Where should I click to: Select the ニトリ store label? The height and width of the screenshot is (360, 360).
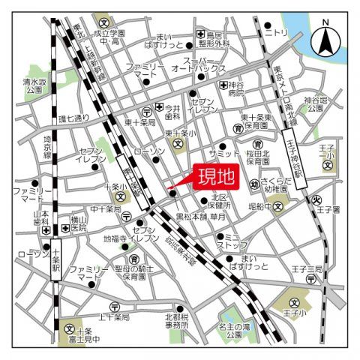(x=277, y=32)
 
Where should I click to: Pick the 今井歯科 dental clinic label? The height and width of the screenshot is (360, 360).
(x=172, y=111)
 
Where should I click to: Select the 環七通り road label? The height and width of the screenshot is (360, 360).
(x=73, y=118)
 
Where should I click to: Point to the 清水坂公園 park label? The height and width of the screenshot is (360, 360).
(x=33, y=85)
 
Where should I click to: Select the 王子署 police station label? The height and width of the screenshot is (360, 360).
(x=327, y=209)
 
